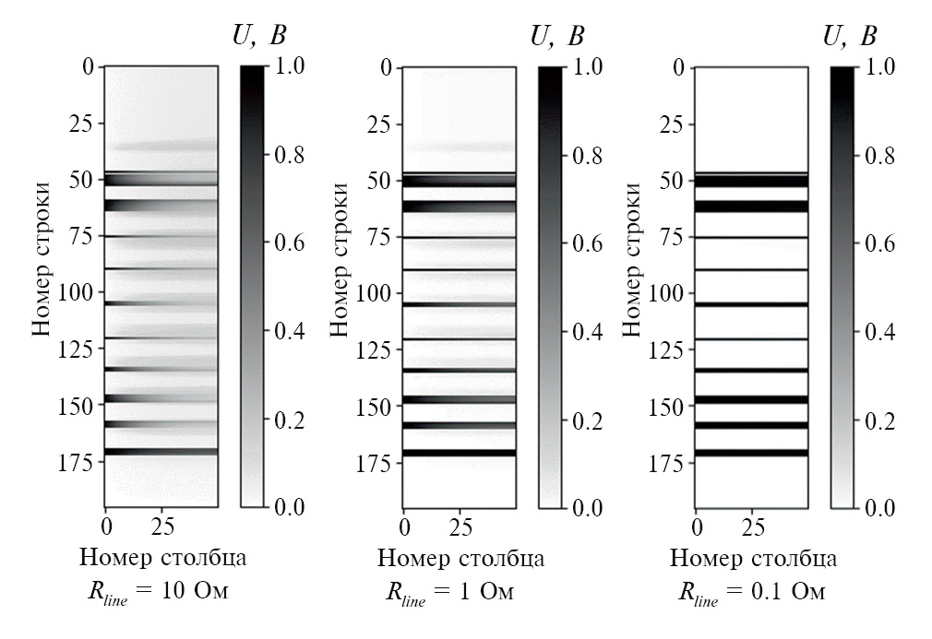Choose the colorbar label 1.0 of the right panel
tap(883, 67)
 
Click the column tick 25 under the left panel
tap(161, 527)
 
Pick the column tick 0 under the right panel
tap(698, 527)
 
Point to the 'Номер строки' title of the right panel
tap(634, 259)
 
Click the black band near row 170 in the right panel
tap(752, 453)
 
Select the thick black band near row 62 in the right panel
tap(752, 207)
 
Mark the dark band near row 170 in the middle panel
tap(459, 453)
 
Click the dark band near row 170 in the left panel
tap(161, 452)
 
